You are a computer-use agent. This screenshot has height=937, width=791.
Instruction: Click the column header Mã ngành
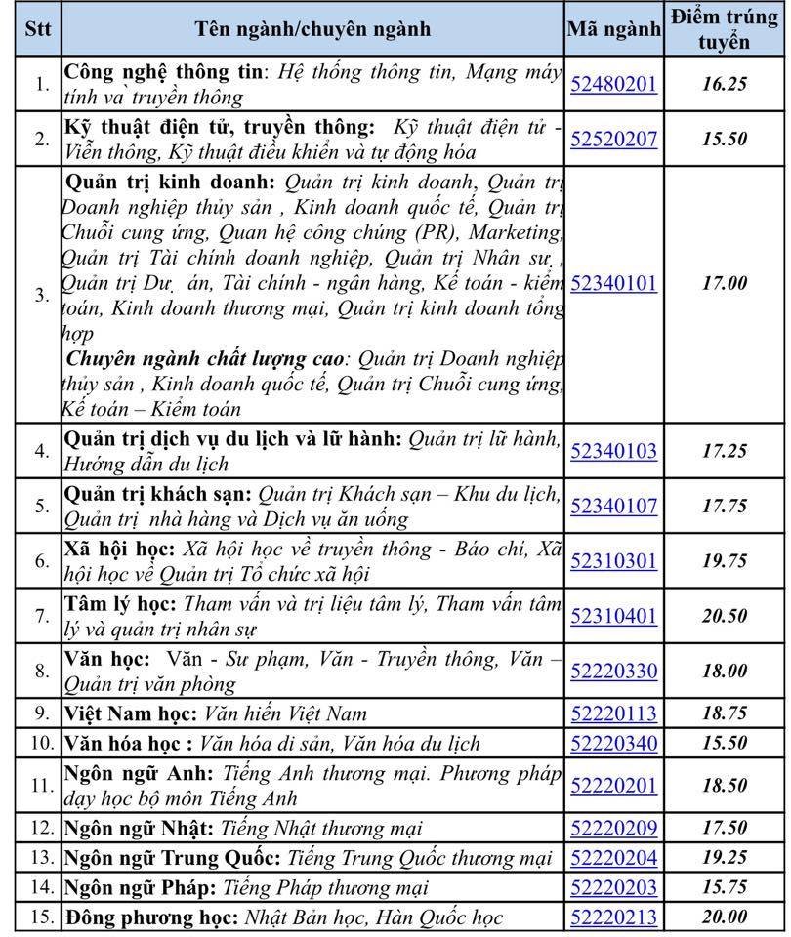[613, 29]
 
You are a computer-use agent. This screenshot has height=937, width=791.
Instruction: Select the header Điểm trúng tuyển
[724, 28]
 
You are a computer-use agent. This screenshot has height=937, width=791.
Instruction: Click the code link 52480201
[613, 84]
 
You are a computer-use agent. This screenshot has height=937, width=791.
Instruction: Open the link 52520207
[613, 139]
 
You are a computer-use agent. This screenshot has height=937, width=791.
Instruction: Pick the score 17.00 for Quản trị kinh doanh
[724, 283]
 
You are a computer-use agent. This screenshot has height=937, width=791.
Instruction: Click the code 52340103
[613, 451]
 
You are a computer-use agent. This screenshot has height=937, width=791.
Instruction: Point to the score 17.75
[724, 506]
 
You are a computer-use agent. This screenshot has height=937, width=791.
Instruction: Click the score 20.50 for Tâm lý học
[724, 616]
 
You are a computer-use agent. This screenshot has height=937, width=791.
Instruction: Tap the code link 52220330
[613, 672]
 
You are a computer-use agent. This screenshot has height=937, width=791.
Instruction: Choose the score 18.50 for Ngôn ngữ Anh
[724, 785]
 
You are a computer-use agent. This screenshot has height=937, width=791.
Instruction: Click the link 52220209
[613, 829]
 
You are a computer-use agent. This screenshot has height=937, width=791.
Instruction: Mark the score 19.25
[724, 858]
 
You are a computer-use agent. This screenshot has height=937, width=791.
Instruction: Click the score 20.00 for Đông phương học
[724, 917]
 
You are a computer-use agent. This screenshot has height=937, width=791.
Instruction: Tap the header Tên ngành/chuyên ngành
[312, 29]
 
